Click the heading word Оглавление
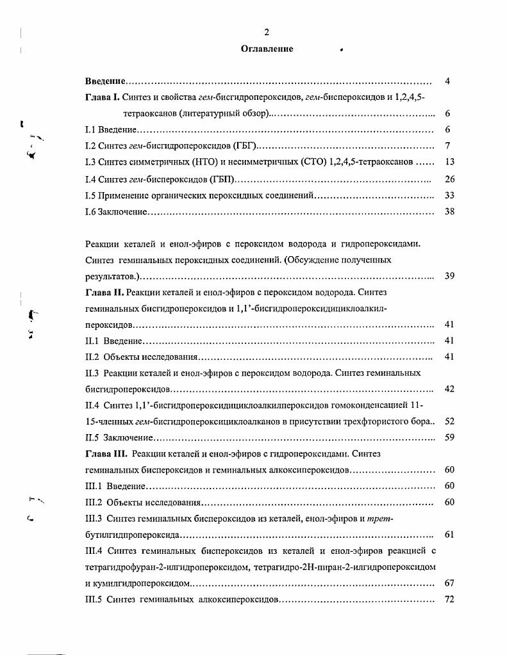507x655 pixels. pyautogui.click(x=267, y=49)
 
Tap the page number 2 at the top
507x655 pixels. pyautogui.click(x=267, y=32)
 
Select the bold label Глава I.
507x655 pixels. pyautogui.click(x=102, y=97)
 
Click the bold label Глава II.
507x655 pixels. pyautogui.click(x=104, y=293)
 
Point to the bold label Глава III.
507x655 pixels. pyautogui.click(x=106, y=454)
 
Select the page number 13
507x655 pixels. pyautogui.click(x=449, y=162)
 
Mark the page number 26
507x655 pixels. pyautogui.click(x=449, y=179)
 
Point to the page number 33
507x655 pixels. pyautogui.click(x=449, y=195)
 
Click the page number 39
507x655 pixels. pyautogui.click(x=449, y=276)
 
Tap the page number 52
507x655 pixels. pyautogui.click(x=449, y=421)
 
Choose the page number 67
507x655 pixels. pyautogui.click(x=449, y=583)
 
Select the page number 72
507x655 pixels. pyautogui.click(x=449, y=599)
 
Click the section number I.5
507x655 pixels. pyautogui.click(x=90, y=195)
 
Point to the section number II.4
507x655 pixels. pyautogui.click(x=92, y=405)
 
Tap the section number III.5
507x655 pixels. pyautogui.click(x=94, y=599)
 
